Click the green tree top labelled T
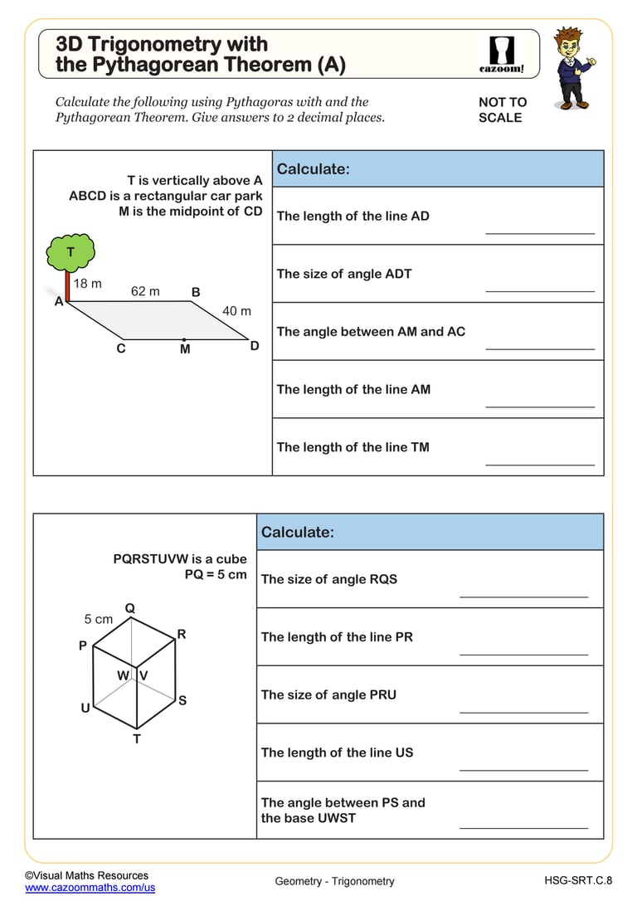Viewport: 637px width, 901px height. [71, 252]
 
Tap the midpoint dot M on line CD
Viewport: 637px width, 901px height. [184, 338]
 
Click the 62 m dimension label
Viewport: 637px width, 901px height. [145, 291]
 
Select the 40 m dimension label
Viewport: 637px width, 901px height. [236, 311]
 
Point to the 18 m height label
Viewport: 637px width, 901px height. [87, 284]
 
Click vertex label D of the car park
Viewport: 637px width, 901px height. [255, 346]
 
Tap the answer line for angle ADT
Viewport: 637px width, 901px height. [540, 290]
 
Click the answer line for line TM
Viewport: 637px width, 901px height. [540, 464]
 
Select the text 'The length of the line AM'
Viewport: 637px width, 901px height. [353, 389]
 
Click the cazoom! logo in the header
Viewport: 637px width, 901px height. [502, 54]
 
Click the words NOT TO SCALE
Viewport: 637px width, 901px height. [502, 110]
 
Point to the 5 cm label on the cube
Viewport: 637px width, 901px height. [98, 619]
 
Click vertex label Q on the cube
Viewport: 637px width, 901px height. [130, 608]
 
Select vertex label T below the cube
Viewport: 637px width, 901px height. [137, 738]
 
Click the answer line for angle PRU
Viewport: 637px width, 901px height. [523, 711]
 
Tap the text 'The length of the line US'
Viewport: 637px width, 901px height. [337, 752]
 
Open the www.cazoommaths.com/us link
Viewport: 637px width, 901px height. [90, 887]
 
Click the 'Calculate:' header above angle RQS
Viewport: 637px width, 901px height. [298, 532]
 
